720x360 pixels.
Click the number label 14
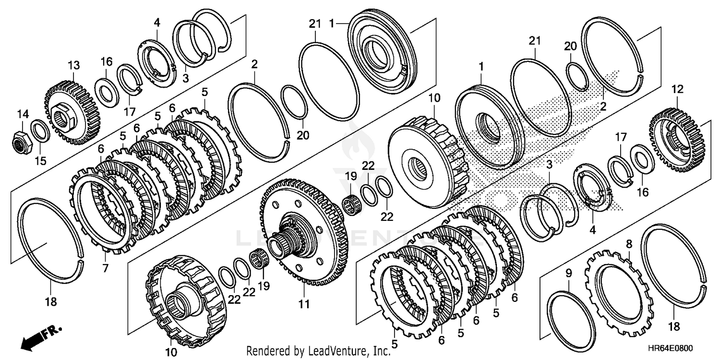[x=23, y=114]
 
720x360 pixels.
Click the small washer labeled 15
[x=39, y=132]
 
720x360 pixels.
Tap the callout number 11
[x=304, y=304]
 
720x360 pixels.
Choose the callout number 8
[x=629, y=244]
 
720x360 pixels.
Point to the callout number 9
[x=568, y=274]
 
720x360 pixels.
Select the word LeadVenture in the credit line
[x=344, y=350]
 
